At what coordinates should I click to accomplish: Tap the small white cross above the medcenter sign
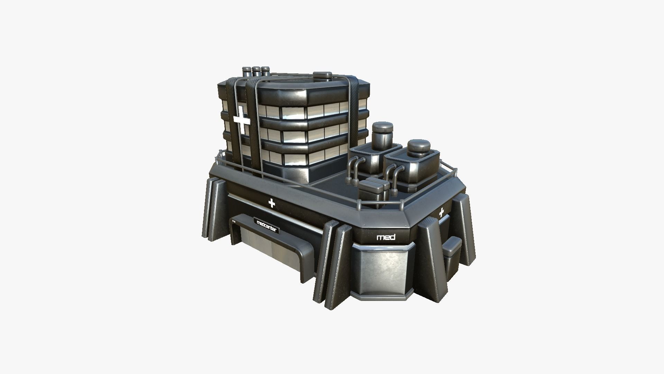(x=272, y=203)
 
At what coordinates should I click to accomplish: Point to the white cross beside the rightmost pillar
(x=441, y=213)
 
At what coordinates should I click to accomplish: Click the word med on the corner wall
(x=386, y=238)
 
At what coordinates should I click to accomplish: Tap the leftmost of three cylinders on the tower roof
(x=248, y=73)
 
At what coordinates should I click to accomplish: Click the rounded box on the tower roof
(x=322, y=75)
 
